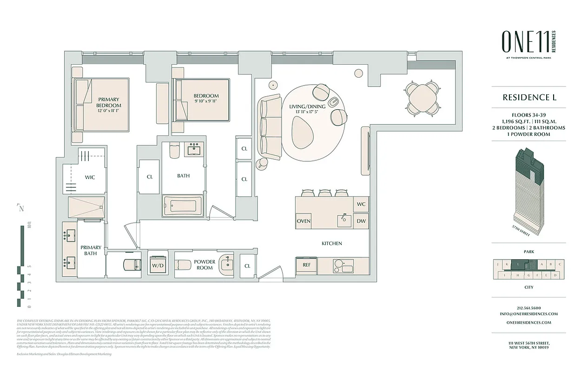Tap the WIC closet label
[x=90, y=177]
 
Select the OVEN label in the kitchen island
[x=304, y=221]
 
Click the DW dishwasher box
[x=361, y=221]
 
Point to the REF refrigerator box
[x=306, y=265]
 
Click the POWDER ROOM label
[x=205, y=265]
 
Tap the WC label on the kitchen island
[x=361, y=204]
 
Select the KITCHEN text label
[x=332, y=243]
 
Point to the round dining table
[x=422, y=98]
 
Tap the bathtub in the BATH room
[x=182, y=206]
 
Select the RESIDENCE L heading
[x=529, y=98]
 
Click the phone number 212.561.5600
[x=529, y=307]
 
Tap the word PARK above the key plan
[x=529, y=252]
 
